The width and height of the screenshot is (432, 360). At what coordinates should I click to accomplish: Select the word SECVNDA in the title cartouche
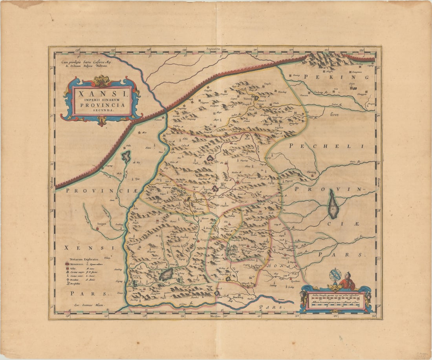pos(102,111)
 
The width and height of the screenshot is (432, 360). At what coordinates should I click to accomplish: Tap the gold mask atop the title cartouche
pos(102,80)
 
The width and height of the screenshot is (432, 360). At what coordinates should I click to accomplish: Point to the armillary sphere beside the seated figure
pos(336,275)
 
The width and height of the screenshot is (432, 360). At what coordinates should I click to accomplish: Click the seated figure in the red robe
pos(347,281)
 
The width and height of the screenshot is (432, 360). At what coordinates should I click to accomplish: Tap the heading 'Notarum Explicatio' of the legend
pos(84,259)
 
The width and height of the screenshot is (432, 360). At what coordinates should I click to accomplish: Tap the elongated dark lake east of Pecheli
pos(333,204)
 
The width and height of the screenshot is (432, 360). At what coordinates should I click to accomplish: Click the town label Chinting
pos(311,172)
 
